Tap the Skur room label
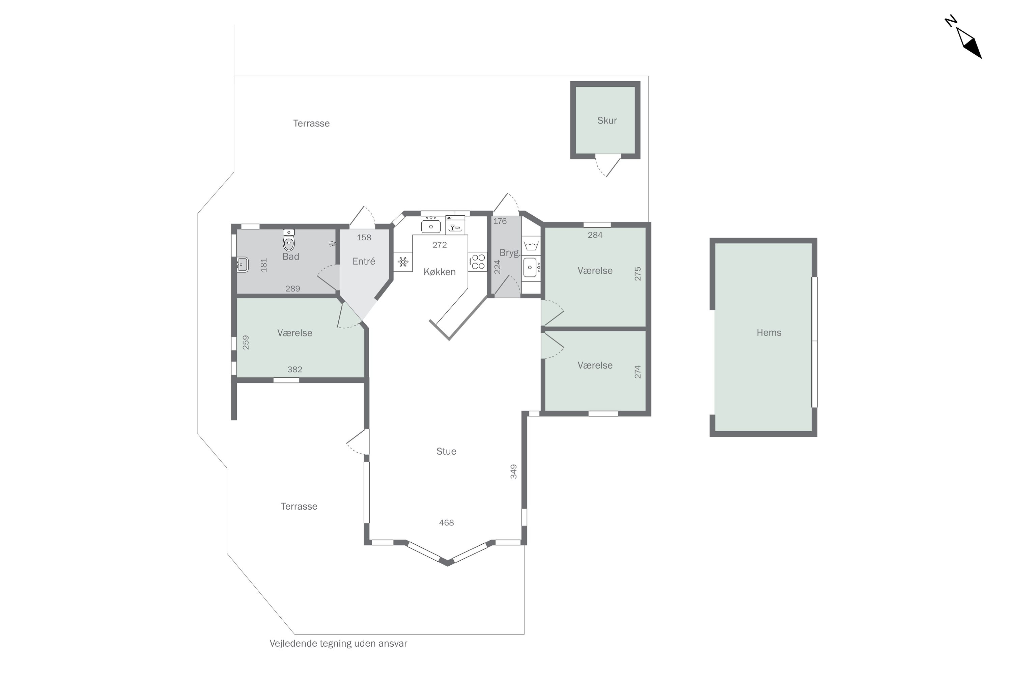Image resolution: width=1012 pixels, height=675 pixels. (x=607, y=120)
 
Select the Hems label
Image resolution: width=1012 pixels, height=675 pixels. (x=768, y=332)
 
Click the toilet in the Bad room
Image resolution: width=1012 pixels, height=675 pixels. (x=289, y=240)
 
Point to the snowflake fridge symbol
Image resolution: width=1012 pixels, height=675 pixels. (x=403, y=262)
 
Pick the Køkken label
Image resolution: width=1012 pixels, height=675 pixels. (x=439, y=272)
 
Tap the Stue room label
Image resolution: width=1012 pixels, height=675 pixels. (x=446, y=451)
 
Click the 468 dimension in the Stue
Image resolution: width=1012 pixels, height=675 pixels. (x=446, y=522)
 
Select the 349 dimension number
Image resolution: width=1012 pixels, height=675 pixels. (x=513, y=471)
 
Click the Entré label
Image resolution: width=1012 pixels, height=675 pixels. (x=364, y=261)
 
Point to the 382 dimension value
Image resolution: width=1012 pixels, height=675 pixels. (x=295, y=369)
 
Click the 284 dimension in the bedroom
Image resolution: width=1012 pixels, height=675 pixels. (x=595, y=235)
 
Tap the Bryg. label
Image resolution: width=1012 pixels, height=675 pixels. (x=510, y=253)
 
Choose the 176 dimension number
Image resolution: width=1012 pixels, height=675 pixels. (x=500, y=221)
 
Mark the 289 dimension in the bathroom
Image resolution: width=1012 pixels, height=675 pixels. (x=292, y=289)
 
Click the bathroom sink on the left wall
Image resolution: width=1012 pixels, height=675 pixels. (x=242, y=264)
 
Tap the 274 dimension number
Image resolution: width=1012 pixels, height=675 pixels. (x=638, y=372)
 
